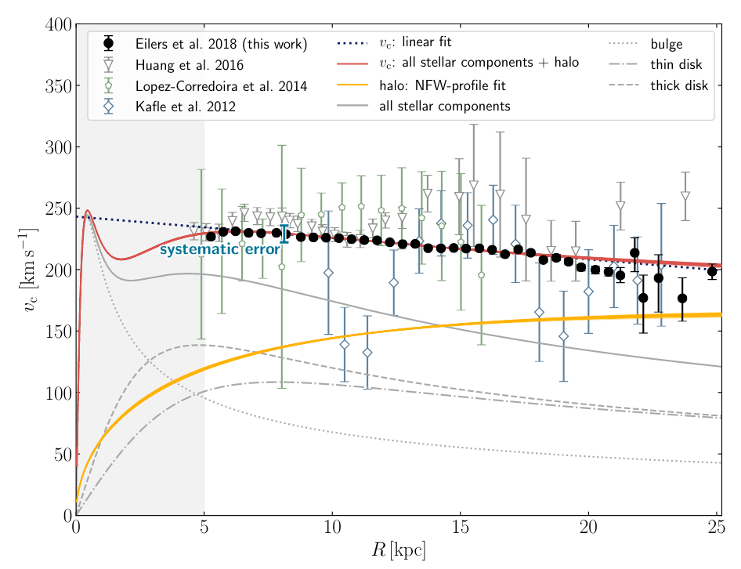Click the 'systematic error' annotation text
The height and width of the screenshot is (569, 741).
[x=220, y=250]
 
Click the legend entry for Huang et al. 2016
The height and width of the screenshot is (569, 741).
[x=189, y=65]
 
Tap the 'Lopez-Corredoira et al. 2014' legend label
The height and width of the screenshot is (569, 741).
[x=220, y=85]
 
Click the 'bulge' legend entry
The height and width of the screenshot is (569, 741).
[x=667, y=44]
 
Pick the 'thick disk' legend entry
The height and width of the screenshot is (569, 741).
[x=678, y=85]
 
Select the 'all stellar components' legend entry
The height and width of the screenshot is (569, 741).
[x=444, y=106]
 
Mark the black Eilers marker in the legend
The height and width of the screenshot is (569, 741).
[x=109, y=44]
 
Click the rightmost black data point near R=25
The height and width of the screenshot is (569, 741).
[x=712, y=272]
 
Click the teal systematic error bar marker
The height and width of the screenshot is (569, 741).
[x=284, y=234]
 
